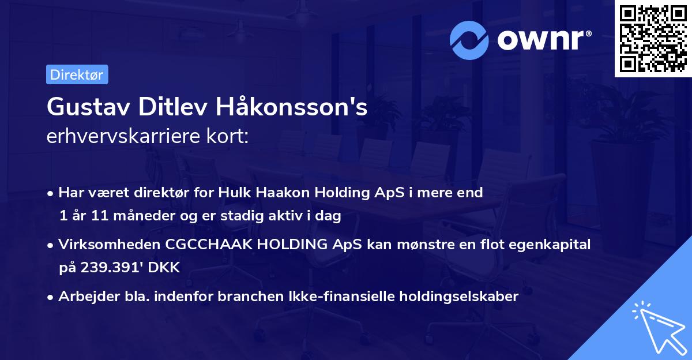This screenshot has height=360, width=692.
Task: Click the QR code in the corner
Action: pos(653,39)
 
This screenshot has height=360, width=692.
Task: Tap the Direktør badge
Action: pos(77,74)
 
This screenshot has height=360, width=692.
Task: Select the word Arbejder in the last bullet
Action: pos(84,297)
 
